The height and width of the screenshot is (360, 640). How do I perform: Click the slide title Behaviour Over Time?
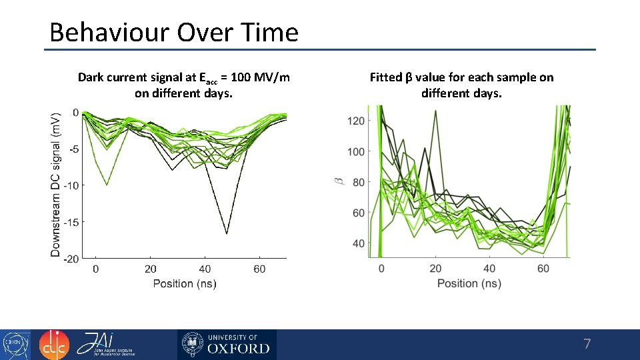click(174, 32)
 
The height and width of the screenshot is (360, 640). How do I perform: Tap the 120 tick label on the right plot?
click(357, 121)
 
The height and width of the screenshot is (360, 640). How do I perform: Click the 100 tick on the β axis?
click(357, 151)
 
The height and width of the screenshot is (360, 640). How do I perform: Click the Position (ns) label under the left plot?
click(185, 283)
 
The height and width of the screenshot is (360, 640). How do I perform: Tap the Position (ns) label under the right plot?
click(469, 283)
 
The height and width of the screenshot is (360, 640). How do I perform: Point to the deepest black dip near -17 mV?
click(227, 233)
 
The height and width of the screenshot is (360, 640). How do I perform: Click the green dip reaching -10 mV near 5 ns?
click(107, 184)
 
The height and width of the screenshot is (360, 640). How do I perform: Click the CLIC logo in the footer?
click(53, 345)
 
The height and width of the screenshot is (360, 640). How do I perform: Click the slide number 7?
click(587, 345)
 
